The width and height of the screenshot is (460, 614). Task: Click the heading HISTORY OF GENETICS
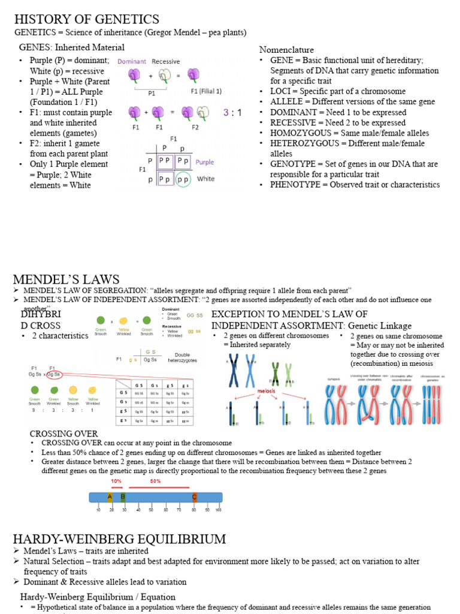(x=86, y=19)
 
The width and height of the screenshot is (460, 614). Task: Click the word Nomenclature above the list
(x=286, y=49)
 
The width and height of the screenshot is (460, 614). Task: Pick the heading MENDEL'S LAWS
(x=66, y=279)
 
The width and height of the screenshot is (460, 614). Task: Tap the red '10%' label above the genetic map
(x=116, y=481)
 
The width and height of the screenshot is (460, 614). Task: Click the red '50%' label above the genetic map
(x=155, y=481)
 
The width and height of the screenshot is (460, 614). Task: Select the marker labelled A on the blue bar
(x=110, y=497)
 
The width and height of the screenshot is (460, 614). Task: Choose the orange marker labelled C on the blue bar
(x=194, y=497)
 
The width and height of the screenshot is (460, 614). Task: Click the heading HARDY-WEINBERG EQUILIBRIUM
(x=119, y=538)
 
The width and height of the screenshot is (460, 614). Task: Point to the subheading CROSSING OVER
(x=63, y=434)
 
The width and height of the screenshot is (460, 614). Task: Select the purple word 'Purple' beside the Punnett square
(x=205, y=162)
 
